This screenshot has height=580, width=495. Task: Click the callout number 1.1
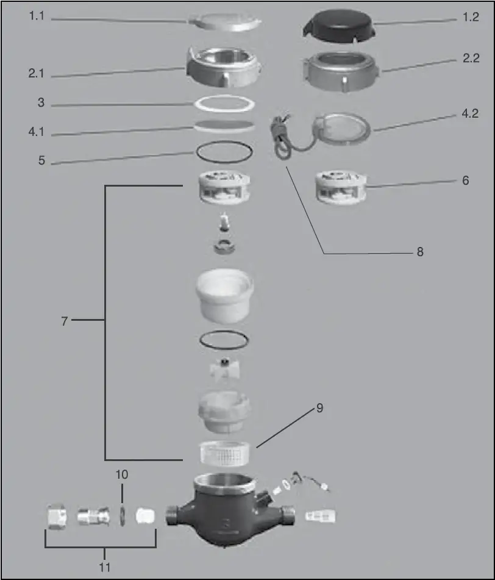click(x=37, y=17)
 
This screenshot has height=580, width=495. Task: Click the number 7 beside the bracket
click(x=64, y=320)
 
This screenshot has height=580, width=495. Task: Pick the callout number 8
click(x=419, y=251)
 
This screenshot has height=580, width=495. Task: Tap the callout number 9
click(x=319, y=408)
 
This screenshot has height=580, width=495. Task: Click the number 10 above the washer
click(x=121, y=474)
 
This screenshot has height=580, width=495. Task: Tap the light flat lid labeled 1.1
click(x=225, y=21)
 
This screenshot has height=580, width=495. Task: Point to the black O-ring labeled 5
click(x=224, y=151)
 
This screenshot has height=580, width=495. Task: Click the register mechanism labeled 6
click(x=340, y=188)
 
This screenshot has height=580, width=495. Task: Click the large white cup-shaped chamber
click(x=224, y=296)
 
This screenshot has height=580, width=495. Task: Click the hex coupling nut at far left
click(x=57, y=517)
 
